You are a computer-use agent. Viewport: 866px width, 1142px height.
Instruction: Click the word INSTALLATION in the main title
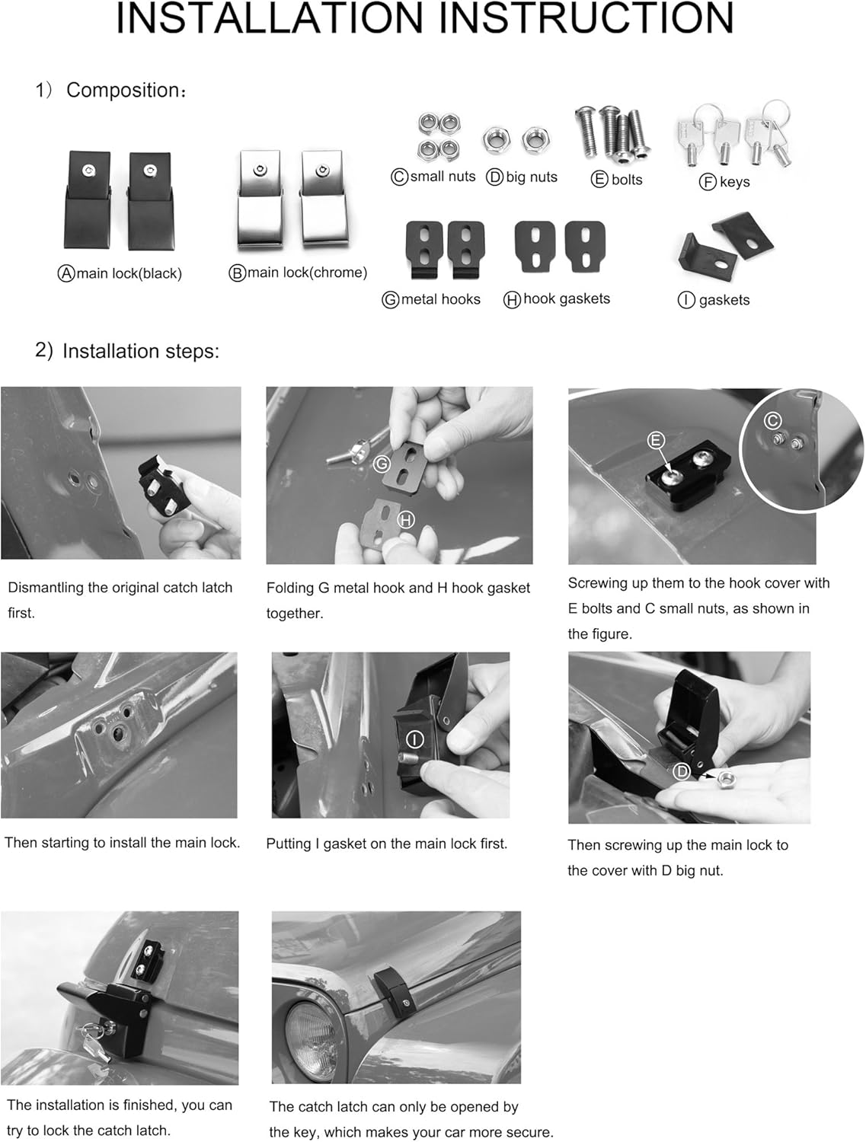269,18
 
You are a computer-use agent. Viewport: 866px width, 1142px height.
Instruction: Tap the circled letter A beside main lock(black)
66,273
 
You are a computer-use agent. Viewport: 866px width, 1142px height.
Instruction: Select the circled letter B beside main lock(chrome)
237,273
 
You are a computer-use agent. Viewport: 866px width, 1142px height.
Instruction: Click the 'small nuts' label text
443,177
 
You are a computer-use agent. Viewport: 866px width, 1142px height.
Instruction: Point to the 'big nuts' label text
532,177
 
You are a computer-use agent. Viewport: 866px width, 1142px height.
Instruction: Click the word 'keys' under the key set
734,182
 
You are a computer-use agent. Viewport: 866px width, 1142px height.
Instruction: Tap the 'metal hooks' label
441,299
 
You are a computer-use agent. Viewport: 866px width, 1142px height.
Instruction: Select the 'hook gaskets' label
566,299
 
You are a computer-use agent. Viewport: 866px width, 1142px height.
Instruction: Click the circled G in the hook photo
382,464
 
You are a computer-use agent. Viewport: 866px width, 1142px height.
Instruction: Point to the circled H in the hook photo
406,520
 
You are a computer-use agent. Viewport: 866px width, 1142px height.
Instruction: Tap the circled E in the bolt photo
656,441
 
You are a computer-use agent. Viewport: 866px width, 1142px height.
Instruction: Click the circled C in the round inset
772,421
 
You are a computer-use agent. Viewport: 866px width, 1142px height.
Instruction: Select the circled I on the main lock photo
414,739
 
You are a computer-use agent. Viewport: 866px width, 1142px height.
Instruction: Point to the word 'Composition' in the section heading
123,90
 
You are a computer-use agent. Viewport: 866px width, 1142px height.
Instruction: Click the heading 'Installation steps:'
141,351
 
